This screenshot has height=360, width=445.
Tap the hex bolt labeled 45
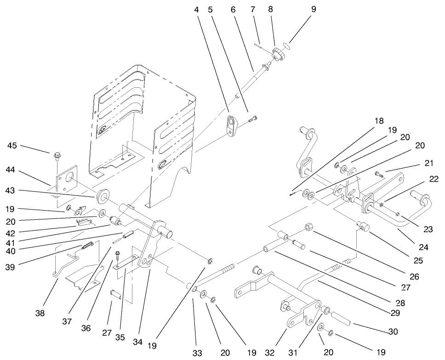[57, 156]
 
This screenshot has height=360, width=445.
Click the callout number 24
[423, 247]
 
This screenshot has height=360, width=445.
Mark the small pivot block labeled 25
[364, 226]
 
